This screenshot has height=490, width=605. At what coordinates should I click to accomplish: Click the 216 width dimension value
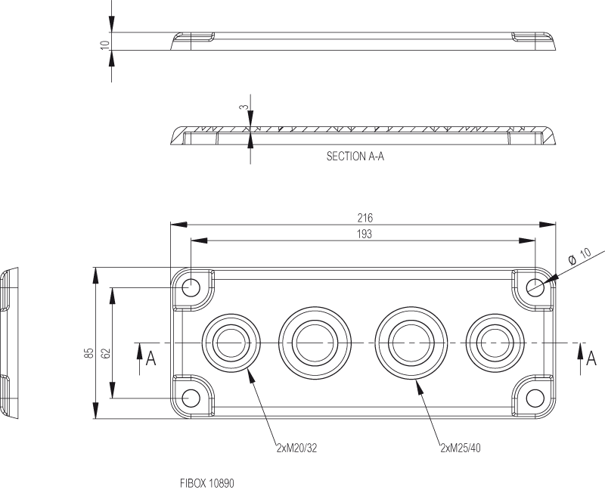coord(365,218)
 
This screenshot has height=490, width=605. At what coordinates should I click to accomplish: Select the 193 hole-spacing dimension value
coord(365,234)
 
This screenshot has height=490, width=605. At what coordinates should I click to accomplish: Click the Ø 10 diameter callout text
coord(579,255)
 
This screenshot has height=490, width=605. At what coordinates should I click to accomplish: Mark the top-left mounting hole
coord(192,287)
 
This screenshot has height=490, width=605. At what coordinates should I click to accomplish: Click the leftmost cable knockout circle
coord(232,343)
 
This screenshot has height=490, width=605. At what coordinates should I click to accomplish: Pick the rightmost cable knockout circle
coord(494,343)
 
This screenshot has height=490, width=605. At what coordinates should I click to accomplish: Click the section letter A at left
coord(151,358)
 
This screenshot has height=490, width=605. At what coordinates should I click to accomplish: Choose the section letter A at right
coord(591,358)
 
